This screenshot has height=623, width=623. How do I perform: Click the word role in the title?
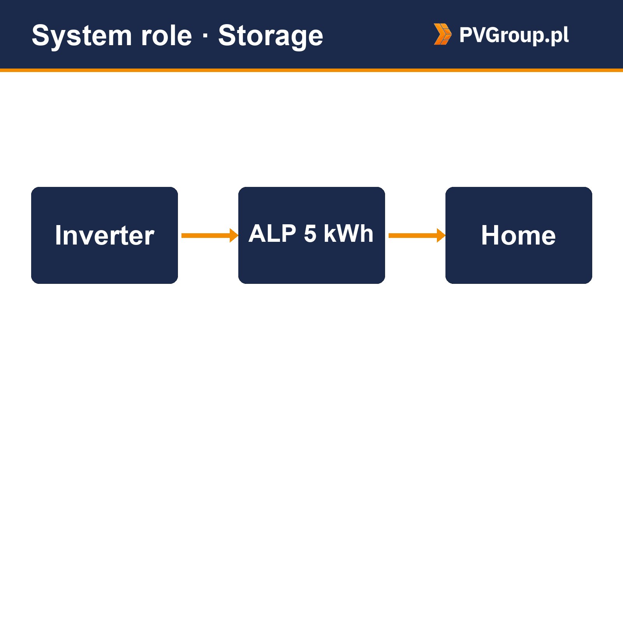point(167,36)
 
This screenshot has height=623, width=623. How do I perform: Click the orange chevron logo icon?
point(443,34)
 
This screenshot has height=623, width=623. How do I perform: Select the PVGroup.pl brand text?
point(514,35)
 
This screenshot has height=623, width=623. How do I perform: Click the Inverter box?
point(104,235)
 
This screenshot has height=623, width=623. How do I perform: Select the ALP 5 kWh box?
point(311,235)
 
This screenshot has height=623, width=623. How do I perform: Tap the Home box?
point(519,235)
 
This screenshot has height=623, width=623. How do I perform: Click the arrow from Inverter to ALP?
point(210,235)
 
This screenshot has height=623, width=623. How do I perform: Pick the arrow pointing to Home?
point(417,235)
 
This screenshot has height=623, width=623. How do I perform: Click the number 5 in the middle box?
point(310,234)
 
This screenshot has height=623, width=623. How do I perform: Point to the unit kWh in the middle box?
point(348,233)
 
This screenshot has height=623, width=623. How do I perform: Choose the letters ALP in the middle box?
point(273,233)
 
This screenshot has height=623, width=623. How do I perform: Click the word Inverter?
point(104,235)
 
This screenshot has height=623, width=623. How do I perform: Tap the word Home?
point(518,235)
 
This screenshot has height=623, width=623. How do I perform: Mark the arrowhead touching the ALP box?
point(234,235)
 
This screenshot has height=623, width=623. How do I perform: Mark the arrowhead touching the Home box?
point(441,235)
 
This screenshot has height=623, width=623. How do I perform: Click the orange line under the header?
point(311,70)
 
